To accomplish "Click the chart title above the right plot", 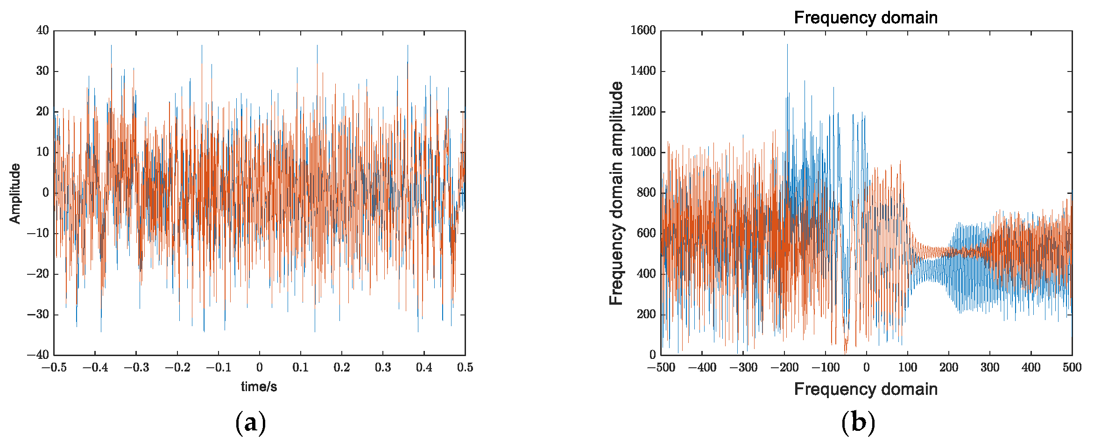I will [x=866, y=18].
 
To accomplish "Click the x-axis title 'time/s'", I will [x=259, y=386].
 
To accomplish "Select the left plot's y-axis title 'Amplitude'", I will [x=15, y=193].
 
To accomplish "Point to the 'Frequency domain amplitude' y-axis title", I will [x=616, y=193].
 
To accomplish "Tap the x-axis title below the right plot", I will [x=866, y=389].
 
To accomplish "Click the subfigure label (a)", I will [x=251, y=422].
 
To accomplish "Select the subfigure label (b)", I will [x=858, y=422].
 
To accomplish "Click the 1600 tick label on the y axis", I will [x=643, y=30].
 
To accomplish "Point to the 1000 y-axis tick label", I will [x=643, y=152].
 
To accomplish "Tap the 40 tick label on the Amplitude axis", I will [x=42, y=30].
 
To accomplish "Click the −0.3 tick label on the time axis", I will [x=136, y=368].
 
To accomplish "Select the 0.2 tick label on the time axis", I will [x=341, y=368].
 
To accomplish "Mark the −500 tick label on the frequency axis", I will [x=661, y=368].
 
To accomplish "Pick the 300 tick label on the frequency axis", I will [x=990, y=368].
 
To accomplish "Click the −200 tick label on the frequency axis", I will [x=784, y=368].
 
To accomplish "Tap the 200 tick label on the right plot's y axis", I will [x=646, y=314].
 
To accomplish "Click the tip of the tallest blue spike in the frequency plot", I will [x=787, y=44].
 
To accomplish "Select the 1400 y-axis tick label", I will [x=643, y=71].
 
